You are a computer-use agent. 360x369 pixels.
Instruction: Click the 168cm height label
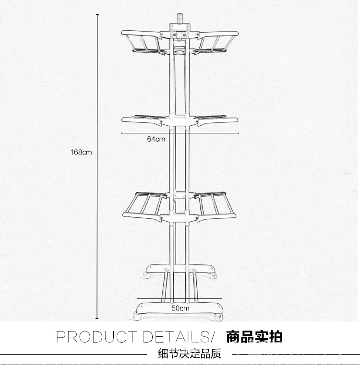pos(81,152)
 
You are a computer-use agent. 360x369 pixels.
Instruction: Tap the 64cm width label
pos(156,139)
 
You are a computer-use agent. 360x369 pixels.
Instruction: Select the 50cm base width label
pos(180,308)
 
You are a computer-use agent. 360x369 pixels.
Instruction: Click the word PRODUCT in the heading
pos(96,337)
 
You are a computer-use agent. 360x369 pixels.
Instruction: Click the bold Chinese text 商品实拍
pos(254,336)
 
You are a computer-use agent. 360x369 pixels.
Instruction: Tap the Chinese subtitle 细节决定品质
pos(190,354)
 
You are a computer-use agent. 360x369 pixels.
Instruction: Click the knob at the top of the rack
pos(180,18)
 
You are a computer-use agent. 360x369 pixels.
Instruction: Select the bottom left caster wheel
pos(137,316)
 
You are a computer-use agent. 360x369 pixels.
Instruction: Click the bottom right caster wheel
pos(218,317)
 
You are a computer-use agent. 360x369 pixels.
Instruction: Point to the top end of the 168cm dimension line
pos(97,14)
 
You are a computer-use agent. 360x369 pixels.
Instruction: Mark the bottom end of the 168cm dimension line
pos(97,319)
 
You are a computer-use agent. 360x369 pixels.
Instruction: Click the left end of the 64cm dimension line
pos(121,133)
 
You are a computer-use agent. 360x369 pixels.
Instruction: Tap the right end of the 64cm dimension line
pos(239,133)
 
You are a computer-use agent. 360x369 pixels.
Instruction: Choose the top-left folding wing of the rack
pos(142,42)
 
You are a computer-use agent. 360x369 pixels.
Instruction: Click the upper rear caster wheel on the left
pos(146,275)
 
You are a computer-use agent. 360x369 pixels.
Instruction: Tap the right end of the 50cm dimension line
pos(222,298)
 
